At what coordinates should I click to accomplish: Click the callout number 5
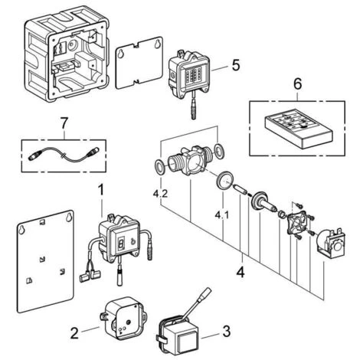point(236,65)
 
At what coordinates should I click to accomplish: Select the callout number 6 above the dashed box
point(297,84)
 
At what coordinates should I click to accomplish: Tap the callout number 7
point(64,123)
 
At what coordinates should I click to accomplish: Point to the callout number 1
point(101,190)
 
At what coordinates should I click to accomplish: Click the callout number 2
point(74,333)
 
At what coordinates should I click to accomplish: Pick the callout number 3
point(226,331)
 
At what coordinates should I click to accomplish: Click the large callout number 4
point(241,272)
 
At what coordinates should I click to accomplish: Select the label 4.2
point(161,194)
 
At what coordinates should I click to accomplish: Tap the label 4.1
point(222,215)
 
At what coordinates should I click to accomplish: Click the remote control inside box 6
point(299,129)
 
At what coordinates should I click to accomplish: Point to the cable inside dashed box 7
point(64,155)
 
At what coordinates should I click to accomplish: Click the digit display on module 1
point(121,242)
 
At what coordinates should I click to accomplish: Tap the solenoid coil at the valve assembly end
point(331,241)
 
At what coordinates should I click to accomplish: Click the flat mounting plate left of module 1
point(45,261)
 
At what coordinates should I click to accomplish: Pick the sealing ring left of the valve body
point(161,167)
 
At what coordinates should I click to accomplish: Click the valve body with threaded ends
point(190,160)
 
